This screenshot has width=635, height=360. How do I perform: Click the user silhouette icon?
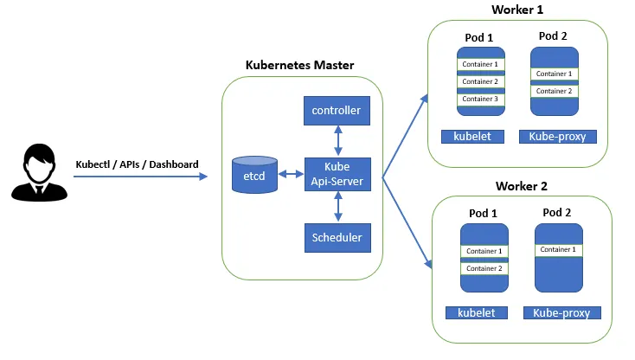click(35, 174)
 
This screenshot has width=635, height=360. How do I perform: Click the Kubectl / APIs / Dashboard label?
click(138, 164)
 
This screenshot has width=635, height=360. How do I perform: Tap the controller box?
click(336, 111)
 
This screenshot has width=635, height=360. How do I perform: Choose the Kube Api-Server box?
click(336, 174)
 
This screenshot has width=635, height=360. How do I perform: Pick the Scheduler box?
click(336, 236)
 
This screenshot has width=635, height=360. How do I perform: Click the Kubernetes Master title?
click(299, 65)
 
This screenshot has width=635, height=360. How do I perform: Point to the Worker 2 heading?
click(522, 186)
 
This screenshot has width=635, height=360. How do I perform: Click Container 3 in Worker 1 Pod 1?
click(480, 99)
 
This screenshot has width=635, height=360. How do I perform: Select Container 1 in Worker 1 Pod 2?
click(554, 74)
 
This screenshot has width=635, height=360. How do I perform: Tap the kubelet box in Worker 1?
click(471, 137)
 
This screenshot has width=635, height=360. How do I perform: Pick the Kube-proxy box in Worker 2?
click(561, 312)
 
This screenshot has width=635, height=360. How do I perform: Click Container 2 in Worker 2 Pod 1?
click(484, 268)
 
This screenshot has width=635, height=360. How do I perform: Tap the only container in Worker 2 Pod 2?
click(557, 249)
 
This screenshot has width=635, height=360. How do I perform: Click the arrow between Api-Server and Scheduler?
click(336, 206)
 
